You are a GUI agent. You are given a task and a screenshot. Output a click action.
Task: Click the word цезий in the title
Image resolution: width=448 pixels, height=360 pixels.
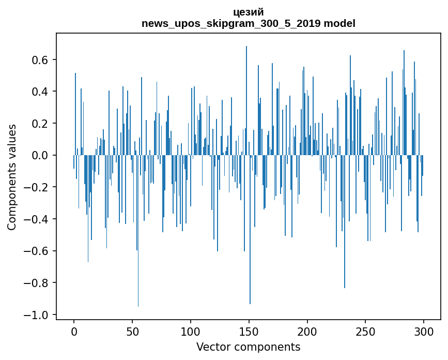248,12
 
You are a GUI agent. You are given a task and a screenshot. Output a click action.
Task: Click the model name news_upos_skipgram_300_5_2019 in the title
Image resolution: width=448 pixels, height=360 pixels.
231,24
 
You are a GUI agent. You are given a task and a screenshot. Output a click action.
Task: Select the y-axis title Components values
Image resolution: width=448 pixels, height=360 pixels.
12,177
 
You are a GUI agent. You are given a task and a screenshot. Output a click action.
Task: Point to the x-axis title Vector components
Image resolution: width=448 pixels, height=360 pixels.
248,347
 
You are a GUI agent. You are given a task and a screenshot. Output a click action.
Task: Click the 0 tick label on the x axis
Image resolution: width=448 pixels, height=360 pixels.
74,331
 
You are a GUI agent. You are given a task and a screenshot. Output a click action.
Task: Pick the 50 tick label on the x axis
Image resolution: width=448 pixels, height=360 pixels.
132,331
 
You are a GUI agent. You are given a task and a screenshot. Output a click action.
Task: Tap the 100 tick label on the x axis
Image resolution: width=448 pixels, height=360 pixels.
191,331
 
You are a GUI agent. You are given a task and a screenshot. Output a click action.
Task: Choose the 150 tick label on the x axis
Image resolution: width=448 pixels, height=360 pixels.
249,331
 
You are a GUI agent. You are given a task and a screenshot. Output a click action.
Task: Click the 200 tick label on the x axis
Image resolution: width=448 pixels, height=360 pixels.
307,331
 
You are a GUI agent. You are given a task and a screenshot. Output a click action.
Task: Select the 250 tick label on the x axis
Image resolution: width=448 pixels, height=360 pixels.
366,331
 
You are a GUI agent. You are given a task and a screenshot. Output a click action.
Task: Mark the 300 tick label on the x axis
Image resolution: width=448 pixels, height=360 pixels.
424,331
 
